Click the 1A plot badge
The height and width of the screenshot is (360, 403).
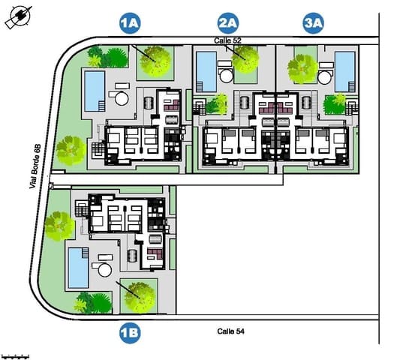130,23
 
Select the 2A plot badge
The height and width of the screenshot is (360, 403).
228,23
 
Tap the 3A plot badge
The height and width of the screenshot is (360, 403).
313,23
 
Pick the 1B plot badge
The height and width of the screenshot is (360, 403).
130,329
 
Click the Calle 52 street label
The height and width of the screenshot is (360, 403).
227,40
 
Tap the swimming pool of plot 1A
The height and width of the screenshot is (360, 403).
94,89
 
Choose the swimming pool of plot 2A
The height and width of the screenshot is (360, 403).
205,71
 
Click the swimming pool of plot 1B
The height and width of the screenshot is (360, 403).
77,267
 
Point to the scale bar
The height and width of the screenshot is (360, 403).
15,355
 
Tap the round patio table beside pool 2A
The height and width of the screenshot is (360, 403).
225,76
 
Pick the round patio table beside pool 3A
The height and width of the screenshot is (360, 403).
325,76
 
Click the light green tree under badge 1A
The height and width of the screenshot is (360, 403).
156,61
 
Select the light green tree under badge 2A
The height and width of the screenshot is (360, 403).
245,59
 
